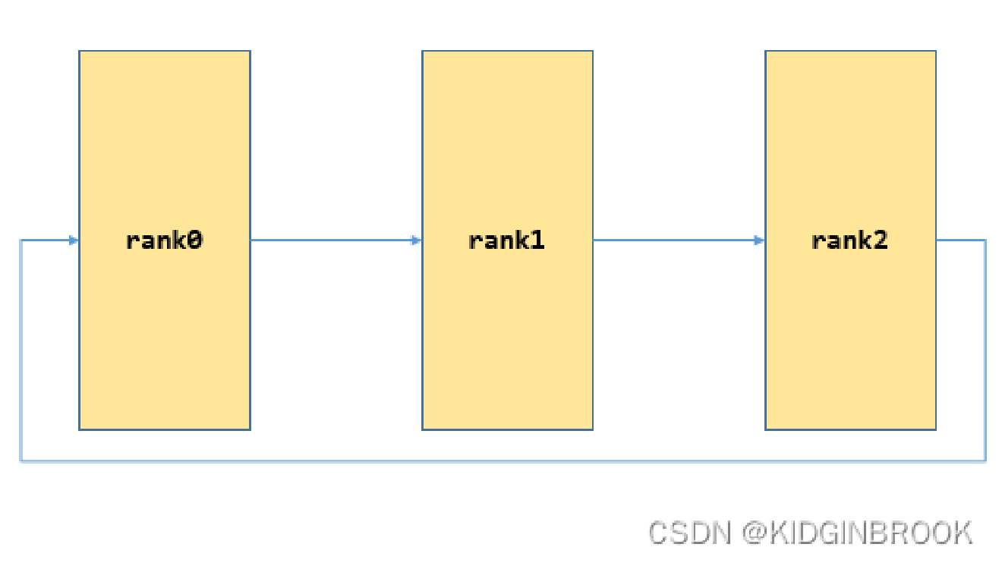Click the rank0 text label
coord(165,241)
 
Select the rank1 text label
coord(507,241)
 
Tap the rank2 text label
coord(850,241)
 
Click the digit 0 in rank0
coord(195,241)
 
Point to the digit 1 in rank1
coord(537,241)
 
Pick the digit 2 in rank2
coord(881,241)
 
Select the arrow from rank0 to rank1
coord(334,241)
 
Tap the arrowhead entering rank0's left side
coord(74,241)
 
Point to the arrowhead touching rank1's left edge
coord(416,241)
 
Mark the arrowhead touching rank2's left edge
coord(759,241)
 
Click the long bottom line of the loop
coord(501,461)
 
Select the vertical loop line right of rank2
coord(985,349)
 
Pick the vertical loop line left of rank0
coord(20,349)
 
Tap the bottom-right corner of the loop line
coord(985,461)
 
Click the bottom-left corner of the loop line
coord(20,461)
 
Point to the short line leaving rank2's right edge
coord(960,241)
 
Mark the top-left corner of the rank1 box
coord(423,52)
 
